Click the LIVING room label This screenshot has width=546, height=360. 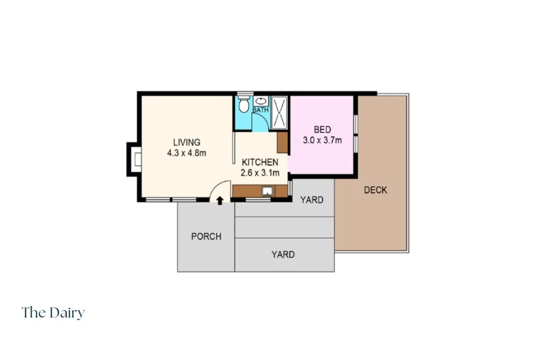[x=187, y=143]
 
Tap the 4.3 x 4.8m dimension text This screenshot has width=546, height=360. [x=187, y=153]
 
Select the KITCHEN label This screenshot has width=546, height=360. [x=260, y=162]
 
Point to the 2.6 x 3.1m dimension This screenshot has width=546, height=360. [x=260, y=173]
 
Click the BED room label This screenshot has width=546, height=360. [x=322, y=130]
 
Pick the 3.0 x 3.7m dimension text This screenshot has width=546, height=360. [x=322, y=140]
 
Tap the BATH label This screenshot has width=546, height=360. [x=261, y=110]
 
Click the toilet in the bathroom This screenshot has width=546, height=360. [x=244, y=104]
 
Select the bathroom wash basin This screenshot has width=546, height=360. [x=261, y=101]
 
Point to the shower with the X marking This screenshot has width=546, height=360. [x=279, y=112]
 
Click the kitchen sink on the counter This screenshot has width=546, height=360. [x=267, y=191]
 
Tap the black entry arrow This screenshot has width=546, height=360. [x=220, y=201]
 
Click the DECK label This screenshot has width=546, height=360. [x=375, y=190]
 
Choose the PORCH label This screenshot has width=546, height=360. [x=206, y=237]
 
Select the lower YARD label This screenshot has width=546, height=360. [x=283, y=255]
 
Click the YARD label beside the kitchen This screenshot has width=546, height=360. [x=312, y=200]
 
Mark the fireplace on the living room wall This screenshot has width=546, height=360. [x=134, y=159]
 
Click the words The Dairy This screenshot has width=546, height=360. [x=53, y=313]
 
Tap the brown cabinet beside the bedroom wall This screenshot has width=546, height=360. [x=282, y=143]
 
